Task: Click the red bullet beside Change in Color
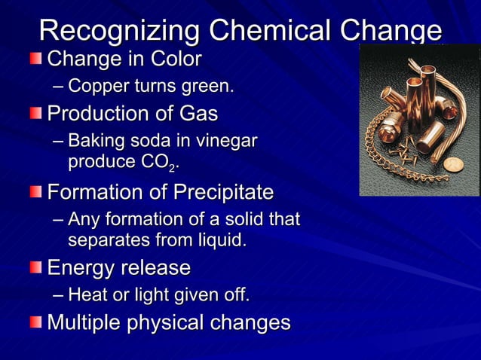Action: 36,58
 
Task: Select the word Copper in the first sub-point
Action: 96,87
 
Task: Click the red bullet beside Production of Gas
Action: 36,114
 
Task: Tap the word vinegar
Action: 226,142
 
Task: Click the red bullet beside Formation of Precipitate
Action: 36,192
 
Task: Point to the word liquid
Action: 219,241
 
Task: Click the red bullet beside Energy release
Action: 36,267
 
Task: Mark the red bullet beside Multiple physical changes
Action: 36,322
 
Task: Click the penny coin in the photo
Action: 452,164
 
